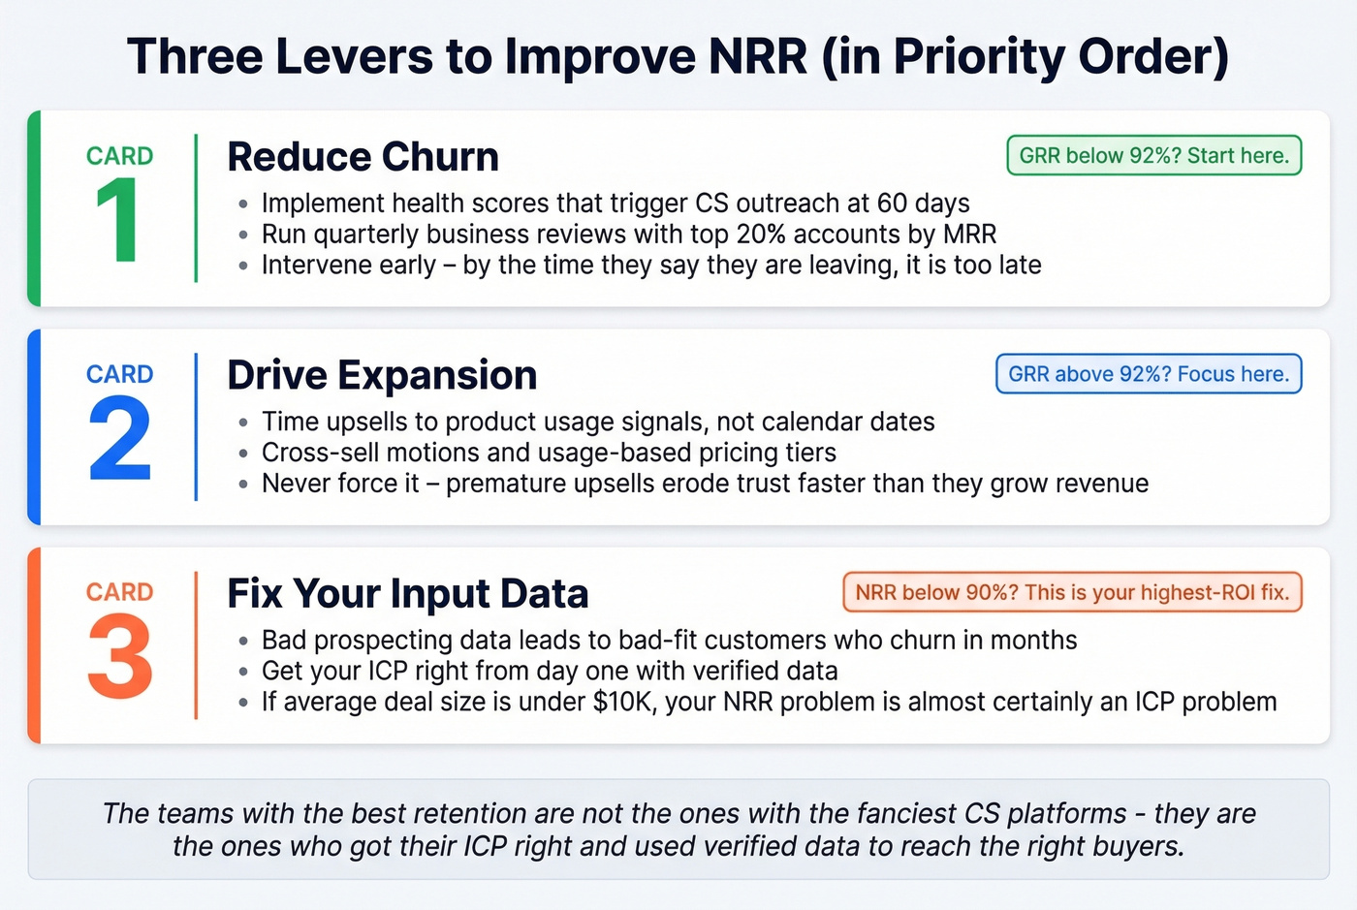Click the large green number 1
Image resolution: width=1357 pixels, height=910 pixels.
117,221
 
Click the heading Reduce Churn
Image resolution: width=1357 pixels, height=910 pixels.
363,157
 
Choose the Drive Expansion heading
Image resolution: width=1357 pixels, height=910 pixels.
382,375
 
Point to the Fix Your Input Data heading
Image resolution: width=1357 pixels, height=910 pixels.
407,593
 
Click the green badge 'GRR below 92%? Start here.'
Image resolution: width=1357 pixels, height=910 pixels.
1153,156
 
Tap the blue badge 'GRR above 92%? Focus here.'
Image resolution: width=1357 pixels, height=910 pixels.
1149,374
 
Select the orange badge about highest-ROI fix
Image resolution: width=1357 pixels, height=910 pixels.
1072,592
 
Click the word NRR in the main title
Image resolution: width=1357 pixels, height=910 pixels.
758,56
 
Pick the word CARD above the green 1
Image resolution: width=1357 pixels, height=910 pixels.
119,156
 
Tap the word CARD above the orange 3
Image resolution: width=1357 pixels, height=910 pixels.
119,592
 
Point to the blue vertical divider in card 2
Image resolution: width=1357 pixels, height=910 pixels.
196,426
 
